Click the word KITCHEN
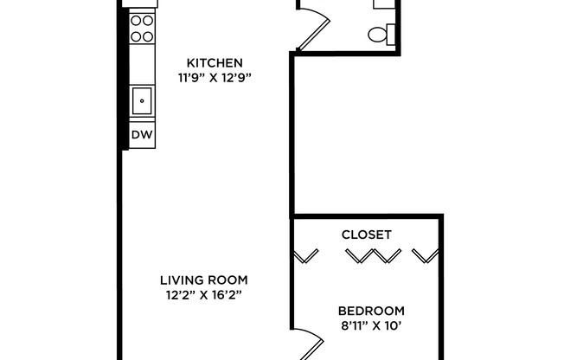[x=215, y=63]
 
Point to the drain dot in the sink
[x=141, y=100]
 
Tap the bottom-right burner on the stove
[x=147, y=36]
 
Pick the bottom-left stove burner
[x=136, y=36]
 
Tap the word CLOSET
[x=367, y=235]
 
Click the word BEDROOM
[x=371, y=311]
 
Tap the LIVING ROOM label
[x=204, y=280]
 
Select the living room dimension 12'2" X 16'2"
[x=204, y=294]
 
